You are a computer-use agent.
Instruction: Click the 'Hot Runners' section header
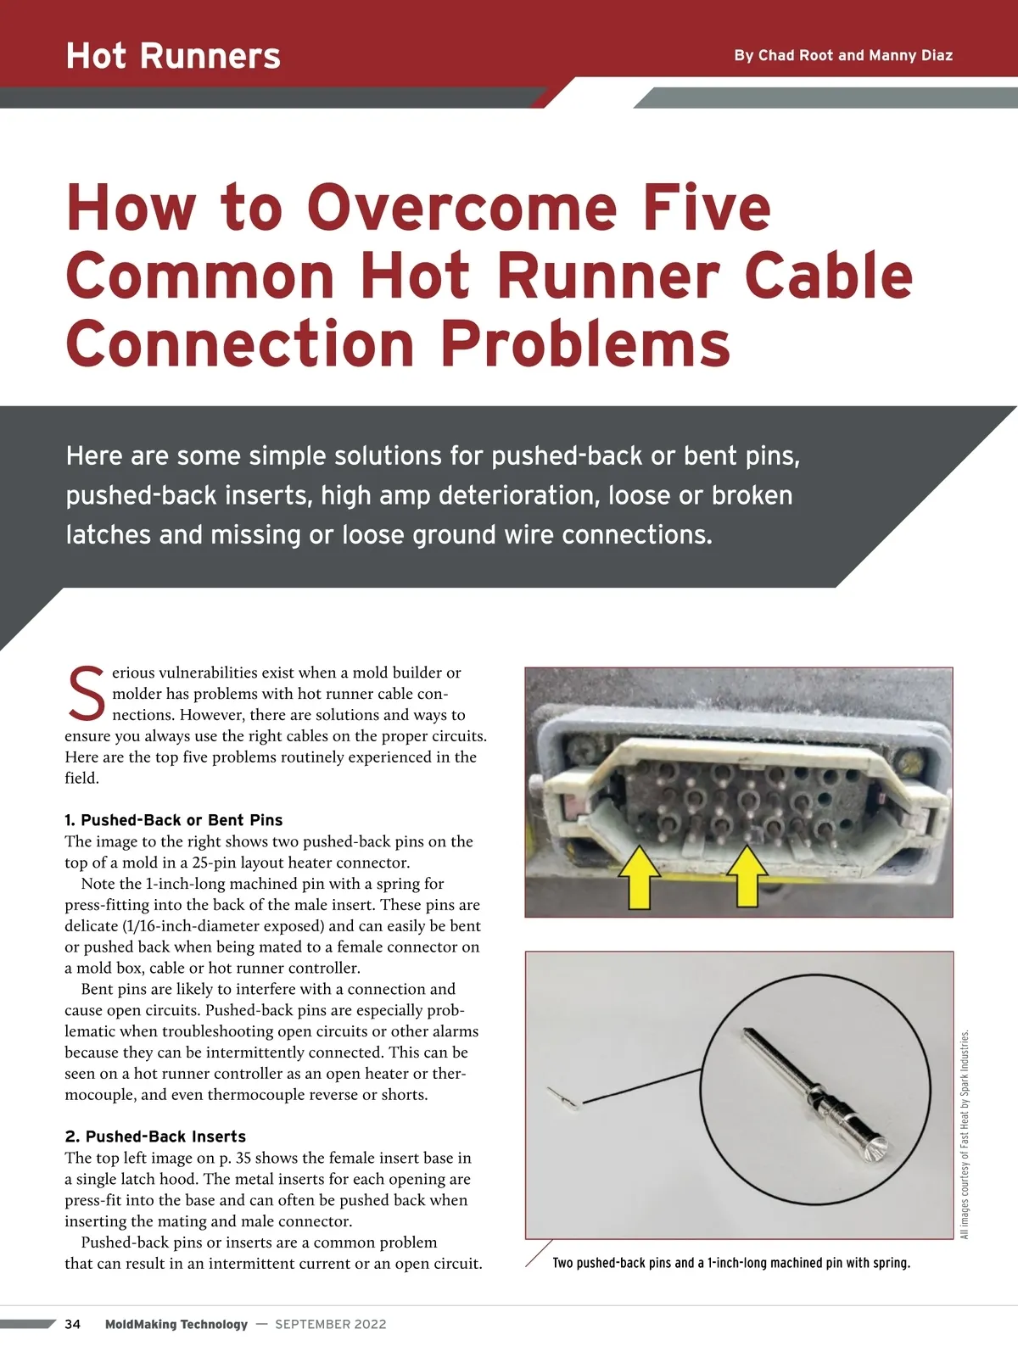click(173, 56)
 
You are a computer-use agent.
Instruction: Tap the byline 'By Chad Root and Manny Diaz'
click(843, 55)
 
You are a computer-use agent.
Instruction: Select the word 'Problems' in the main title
click(585, 343)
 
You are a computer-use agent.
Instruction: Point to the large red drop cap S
click(86, 694)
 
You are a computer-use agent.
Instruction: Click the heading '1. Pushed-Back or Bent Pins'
click(174, 820)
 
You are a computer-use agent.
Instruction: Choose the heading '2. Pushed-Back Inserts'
click(155, 1136)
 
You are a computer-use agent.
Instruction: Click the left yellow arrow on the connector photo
click(639, 879)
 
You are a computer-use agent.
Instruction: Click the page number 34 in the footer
click(73, 1324)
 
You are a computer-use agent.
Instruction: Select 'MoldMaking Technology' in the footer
click(176, 1324)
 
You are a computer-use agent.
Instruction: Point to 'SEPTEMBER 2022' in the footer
click(331, 1324)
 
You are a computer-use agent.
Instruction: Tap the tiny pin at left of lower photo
click(563, 1099)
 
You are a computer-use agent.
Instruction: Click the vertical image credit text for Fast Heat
click(965, 1135)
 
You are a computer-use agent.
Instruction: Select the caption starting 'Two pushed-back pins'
click(731, 1263)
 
